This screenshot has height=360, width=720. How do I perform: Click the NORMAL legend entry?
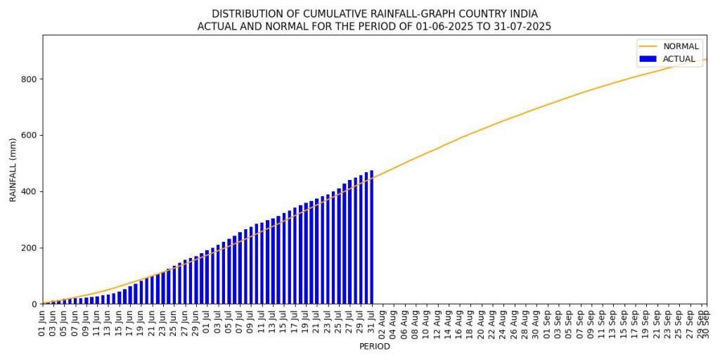tap(681, 46)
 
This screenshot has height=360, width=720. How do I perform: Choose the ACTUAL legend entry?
tap(679, 59)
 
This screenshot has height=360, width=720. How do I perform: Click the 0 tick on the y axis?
tap(34, 304)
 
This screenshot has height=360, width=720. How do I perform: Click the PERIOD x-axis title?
tap(374, 347)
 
